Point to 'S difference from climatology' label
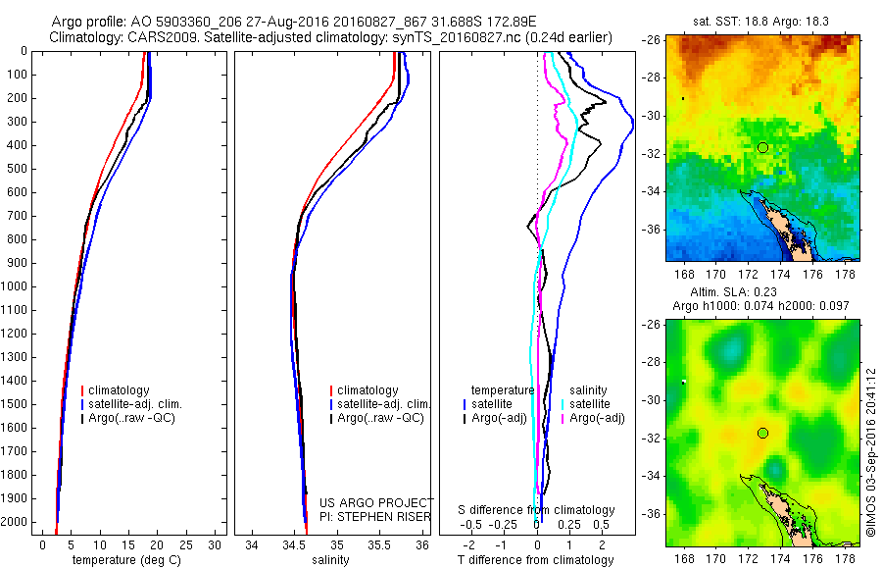[537, 510]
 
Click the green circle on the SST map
[762, 147]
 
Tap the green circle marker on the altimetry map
[762, 433]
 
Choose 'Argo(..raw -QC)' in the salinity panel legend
[380, 418]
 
